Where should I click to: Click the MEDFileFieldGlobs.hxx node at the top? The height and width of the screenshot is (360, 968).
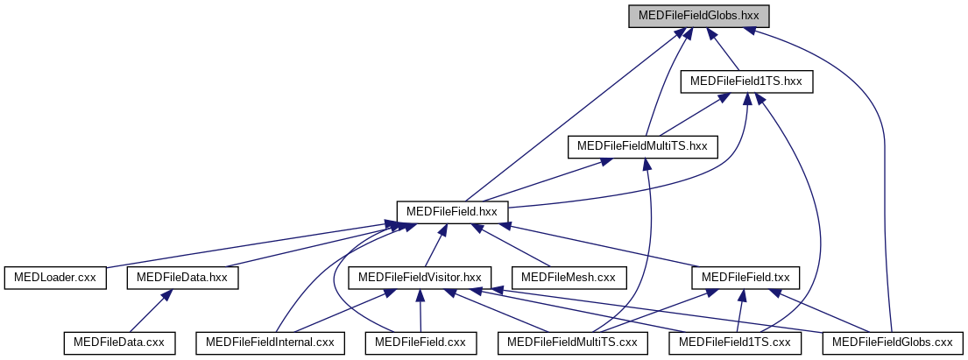point(698,16)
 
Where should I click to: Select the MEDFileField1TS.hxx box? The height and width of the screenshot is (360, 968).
point(746,81)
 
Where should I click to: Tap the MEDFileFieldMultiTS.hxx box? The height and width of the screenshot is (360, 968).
point(642,146)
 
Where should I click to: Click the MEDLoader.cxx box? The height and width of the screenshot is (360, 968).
point(55,278)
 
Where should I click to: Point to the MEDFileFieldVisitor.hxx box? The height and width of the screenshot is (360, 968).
point(420,278)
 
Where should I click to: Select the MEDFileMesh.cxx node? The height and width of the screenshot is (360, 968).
point(569,278)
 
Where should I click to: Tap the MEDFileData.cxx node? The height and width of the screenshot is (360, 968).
point(118,342)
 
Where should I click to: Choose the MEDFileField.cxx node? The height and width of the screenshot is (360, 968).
point(420,342)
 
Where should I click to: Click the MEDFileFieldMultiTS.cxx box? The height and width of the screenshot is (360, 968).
point(573,342)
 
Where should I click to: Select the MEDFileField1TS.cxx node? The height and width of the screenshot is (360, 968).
point(735,342)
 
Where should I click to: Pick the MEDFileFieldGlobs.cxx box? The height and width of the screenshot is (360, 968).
point(892,342)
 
